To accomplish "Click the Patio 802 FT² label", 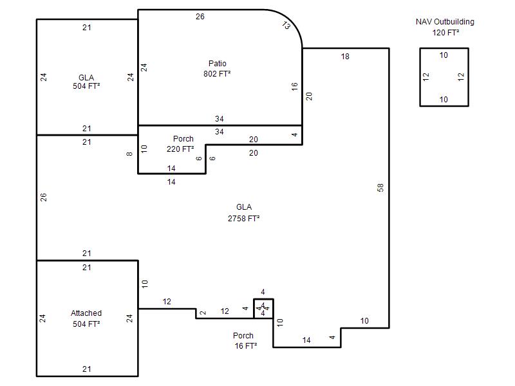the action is pyautogui.click(x=217, y=69).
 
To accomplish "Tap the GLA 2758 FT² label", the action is pyautogui.click(x=244, y=213).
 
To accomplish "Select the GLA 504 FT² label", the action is pyautogui.click(x=86, y=82).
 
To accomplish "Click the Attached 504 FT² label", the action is pyautogui.click(x=86, y=318).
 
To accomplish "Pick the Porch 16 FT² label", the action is pyautogui.click(x=245, y=341).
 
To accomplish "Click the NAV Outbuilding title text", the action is pyautogui.click(x=445, y=22).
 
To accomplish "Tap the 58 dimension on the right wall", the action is pyautogui.click(x=380, y=188).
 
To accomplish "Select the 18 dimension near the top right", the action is pyautogui.click(x=345, y=57).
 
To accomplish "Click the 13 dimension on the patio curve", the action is pyautogui.click(x=286, y=25).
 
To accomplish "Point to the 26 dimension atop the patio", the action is pyautogui.click(x=200, y=17).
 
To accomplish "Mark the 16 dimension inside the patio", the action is pyautogui.click(x=294, y=87).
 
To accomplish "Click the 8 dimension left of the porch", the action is pyautogui.click(x=129, y=154).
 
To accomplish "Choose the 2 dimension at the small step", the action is pyautogui.click(x=203, y=313).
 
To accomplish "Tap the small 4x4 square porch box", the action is pyautogui.click(x=263, y=309).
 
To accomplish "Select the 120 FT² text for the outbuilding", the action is pyautogui.click(x=445, y=33).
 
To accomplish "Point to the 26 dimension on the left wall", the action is pyautogui.click(x=43, y=198).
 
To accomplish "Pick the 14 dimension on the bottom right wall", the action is pyautogui.click(x=306, y=340).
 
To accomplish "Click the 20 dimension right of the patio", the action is pyautogui.click(x=309, y=96).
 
